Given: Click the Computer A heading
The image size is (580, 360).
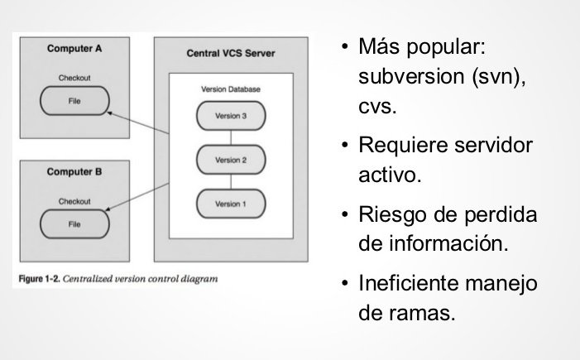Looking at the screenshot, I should click(x=74, y=49).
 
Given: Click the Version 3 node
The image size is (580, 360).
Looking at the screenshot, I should click(x=231, y=116).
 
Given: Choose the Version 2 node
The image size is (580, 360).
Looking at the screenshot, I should click(x=231, y=160).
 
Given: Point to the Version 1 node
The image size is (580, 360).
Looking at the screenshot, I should click(x=231, y=204).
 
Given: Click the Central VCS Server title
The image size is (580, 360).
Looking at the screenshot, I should click(x=231, y=54).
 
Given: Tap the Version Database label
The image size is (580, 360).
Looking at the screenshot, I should click(x=231, y=88).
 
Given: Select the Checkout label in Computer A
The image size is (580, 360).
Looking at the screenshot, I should click(x=74, y=79).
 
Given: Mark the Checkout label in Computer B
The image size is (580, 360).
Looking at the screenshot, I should click(x=74, y=201).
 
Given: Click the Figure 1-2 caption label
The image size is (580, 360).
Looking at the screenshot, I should click(x=39, y=279).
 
